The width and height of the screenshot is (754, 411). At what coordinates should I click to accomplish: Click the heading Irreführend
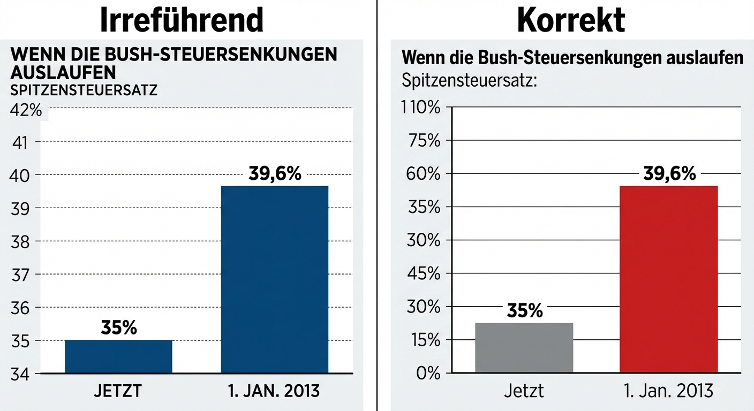[182, 20]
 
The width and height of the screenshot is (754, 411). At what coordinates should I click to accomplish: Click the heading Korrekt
[571, 20]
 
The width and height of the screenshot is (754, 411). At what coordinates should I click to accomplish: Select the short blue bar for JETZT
[118, 356]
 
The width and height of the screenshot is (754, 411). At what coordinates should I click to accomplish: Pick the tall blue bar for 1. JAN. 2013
[274, 279]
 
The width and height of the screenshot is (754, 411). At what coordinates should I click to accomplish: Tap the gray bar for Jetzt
[524, 348]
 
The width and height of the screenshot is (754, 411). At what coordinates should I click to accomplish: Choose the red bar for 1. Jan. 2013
[668, 279]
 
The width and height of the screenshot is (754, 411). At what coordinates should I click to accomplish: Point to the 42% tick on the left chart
[26, 111]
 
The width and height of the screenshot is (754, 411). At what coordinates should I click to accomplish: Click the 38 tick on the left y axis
[20, 241]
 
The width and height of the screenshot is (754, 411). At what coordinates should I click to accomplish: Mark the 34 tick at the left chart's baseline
[20, 374]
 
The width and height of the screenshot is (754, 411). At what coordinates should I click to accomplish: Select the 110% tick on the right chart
[420, 108]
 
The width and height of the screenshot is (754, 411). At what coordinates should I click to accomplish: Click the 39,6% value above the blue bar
[275, 174]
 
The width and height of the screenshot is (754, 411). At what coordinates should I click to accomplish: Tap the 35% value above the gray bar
[524, 310]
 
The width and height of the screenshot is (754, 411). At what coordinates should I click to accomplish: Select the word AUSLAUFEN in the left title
[63, 72]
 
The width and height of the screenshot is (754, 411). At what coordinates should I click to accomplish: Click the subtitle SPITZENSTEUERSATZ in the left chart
[84, 90]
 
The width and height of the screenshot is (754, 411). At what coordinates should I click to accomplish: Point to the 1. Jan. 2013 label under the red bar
[668, 391]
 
